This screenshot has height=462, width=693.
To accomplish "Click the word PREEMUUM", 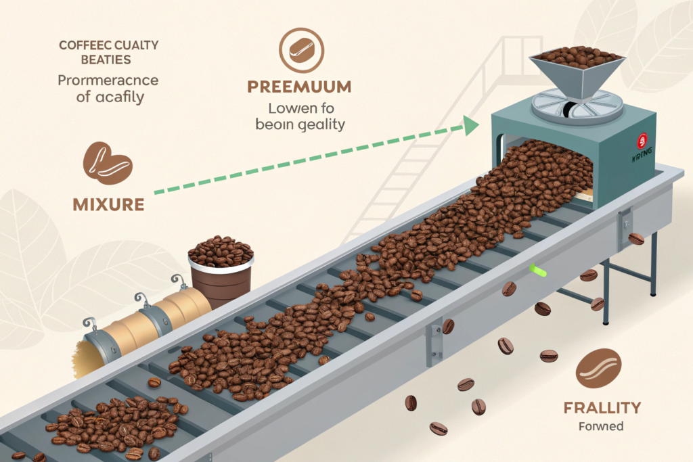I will click(x=298, y=87).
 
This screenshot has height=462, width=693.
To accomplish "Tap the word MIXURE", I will click(x=109, y=202).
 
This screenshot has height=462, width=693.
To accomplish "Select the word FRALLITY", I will click(x=602, y=407).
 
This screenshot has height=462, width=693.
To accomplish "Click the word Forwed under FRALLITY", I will click(x=602, y=427).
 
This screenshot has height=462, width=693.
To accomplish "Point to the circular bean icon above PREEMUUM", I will click(x=301, y=50).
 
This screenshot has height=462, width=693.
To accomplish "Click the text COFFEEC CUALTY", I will click(x=109, y=46).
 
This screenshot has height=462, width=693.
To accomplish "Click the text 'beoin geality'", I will click(x=300, y=124).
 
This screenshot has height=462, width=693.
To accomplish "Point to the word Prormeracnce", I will click(x=108, y=80).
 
